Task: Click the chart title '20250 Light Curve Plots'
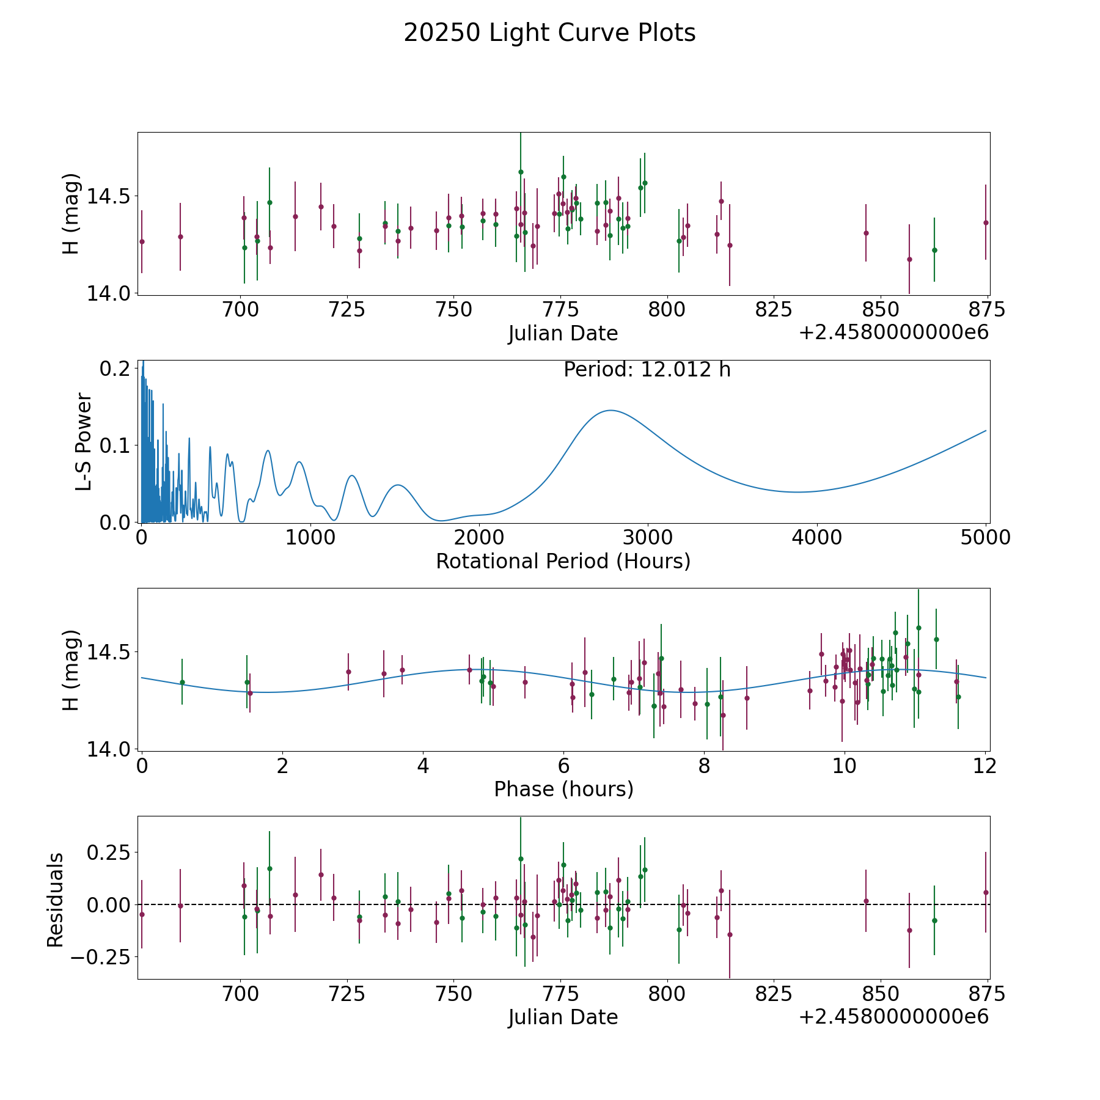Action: pyautogui.click(x=549, y=33)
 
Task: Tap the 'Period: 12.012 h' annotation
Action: pyautogui.click(x=647, y=370)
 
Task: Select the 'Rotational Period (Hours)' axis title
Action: pyautogui.click(x=563, y=561)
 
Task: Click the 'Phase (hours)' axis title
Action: pyautogui.click(x=563, y=789)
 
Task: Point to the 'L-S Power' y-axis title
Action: pyautogui.click(x=84, y=441)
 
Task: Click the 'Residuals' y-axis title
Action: pyautogui.click(x=56, y=900)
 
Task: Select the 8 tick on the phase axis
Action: pyautogui.click(x=704, y=766)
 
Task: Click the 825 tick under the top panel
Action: pyautogui.click(x=774, y=310)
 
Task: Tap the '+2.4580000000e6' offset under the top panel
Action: pyautogui.click(x=893, y=332)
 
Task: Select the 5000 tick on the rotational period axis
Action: pyautogui.click(x=985, y=538)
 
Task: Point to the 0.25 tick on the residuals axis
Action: pyautogui.click(x=107, y=852)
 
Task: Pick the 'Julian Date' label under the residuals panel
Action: pyautogui.click(x=563, y=1017)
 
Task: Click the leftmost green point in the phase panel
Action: pyautogui.click(x=182, y=682)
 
